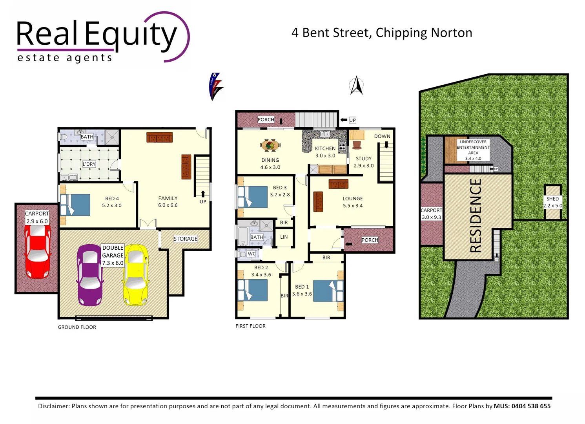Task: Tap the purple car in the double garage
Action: (90, 275)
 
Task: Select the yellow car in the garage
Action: (136, 275)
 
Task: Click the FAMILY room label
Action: (168, 199)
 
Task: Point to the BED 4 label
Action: (112, 199)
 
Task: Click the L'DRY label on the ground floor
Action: (89, 164)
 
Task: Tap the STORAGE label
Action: (186, 239)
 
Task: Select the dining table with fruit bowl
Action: (270, 145)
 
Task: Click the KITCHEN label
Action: (325, 148)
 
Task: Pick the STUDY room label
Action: (364, 159)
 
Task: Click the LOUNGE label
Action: (353, 199)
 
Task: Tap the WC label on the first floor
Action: (251, 254)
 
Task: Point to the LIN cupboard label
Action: (284, 237)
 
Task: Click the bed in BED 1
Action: (328, 291)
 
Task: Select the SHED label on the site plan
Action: (552, 199)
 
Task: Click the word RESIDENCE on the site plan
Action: (476, 216)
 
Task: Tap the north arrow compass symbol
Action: (356, 86)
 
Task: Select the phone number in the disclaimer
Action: (531, 406)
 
